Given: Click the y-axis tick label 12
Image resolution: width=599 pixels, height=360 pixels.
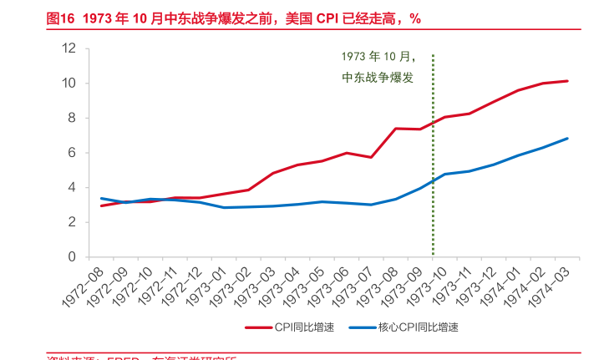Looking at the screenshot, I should (x=69, y=48).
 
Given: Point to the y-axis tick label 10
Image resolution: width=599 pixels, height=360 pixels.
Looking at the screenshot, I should (x=69, y=84).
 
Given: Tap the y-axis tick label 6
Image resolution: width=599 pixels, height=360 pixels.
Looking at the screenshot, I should (x=73, y=153).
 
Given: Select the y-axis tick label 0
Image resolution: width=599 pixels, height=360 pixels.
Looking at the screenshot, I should (x=73, y=257).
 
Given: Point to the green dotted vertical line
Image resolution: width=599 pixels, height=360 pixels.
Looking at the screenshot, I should (x=433, y=167).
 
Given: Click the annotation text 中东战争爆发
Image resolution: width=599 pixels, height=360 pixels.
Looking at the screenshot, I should (x=378, y=77).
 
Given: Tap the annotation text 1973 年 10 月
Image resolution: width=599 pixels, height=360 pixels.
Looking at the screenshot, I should (x=378, y=56).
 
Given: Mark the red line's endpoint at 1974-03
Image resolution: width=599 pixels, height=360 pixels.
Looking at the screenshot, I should (x=568, y=81).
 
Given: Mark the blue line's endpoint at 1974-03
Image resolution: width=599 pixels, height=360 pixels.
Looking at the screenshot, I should (x=568, y=139).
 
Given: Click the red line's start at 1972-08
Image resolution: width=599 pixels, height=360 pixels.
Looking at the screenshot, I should (x=101, y=205).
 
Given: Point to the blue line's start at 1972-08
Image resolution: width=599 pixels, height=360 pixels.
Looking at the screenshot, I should (x=101, y=198).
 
